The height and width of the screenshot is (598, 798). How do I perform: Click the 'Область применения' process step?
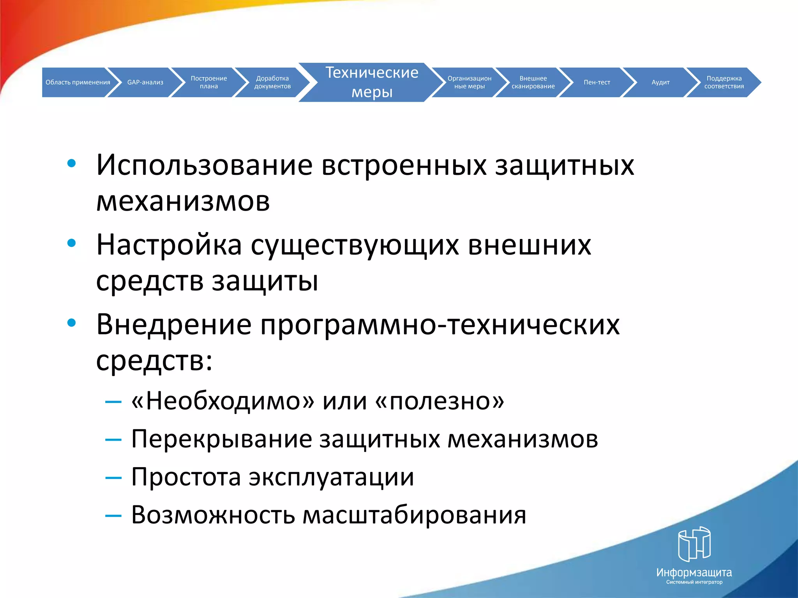coord(78,82)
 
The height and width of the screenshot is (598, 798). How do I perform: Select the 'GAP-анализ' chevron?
coord(145,82)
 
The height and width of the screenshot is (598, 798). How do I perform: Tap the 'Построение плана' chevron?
coord(209,82)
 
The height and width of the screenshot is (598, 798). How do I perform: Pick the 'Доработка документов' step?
coord(272,82)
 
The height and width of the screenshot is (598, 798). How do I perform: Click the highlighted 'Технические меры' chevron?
coord(372,82)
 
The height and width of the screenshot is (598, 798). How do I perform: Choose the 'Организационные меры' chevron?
coord(469,82)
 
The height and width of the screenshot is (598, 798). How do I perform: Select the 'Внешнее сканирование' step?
coord(533,82)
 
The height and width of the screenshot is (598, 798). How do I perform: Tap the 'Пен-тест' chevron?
coord(597,82)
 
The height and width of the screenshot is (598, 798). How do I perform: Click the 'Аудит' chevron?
coord(660,82)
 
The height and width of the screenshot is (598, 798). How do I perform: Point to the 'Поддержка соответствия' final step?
coord(724,82)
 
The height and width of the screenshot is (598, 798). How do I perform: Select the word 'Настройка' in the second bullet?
coord(169,245)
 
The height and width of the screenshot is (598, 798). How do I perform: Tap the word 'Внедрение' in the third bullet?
coord(174,324)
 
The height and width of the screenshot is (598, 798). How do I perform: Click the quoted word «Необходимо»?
coord(222,401)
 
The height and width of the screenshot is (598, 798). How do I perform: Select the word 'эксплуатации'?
coord(331,477)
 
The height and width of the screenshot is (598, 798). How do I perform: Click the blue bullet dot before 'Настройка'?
coord(71,243)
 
